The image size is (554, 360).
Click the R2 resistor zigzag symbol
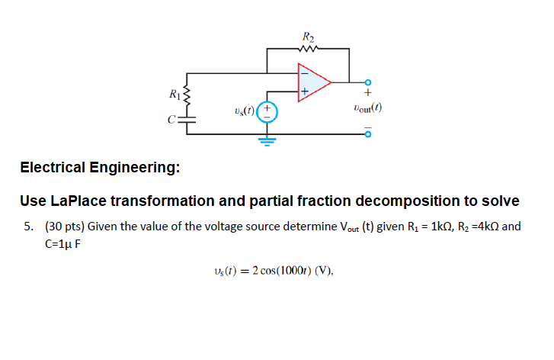tap(308, 50)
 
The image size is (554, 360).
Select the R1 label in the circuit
tap(175, 95)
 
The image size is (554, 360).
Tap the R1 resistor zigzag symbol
tap(187, 96)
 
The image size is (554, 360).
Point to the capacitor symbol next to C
tap(187, 119)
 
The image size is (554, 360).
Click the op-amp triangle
tap(313, 81)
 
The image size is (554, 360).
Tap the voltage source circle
tap(266, 111)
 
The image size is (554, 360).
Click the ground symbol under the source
tap(266, 140)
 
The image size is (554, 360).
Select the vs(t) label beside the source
tap(245, 112)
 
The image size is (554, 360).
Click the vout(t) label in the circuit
tap(367, 108)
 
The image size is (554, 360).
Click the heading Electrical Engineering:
tap(100, 167)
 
